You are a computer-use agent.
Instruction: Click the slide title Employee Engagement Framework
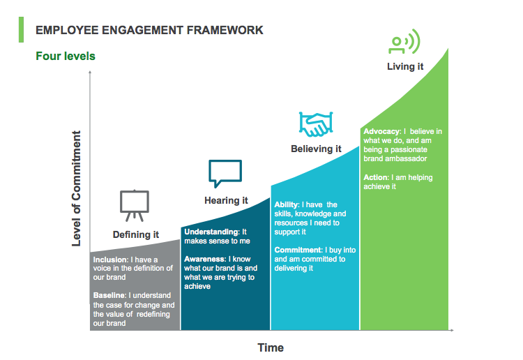point(149,30)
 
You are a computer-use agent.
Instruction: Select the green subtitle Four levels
point(66,56)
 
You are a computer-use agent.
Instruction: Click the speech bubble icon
point(225,173)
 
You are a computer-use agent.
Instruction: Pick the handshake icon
point(316,124)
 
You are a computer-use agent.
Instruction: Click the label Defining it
point(136,234)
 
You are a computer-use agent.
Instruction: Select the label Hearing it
point(226,200)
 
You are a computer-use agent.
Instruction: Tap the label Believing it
point(316,149)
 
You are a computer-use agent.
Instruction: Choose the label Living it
point(405,67)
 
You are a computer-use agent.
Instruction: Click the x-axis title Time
point(271,347)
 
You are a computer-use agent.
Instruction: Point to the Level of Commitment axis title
point(77,188)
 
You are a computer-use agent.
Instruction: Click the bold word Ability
point(286,204)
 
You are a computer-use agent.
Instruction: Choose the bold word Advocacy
point(381,131)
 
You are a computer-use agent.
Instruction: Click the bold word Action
point(376,177)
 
